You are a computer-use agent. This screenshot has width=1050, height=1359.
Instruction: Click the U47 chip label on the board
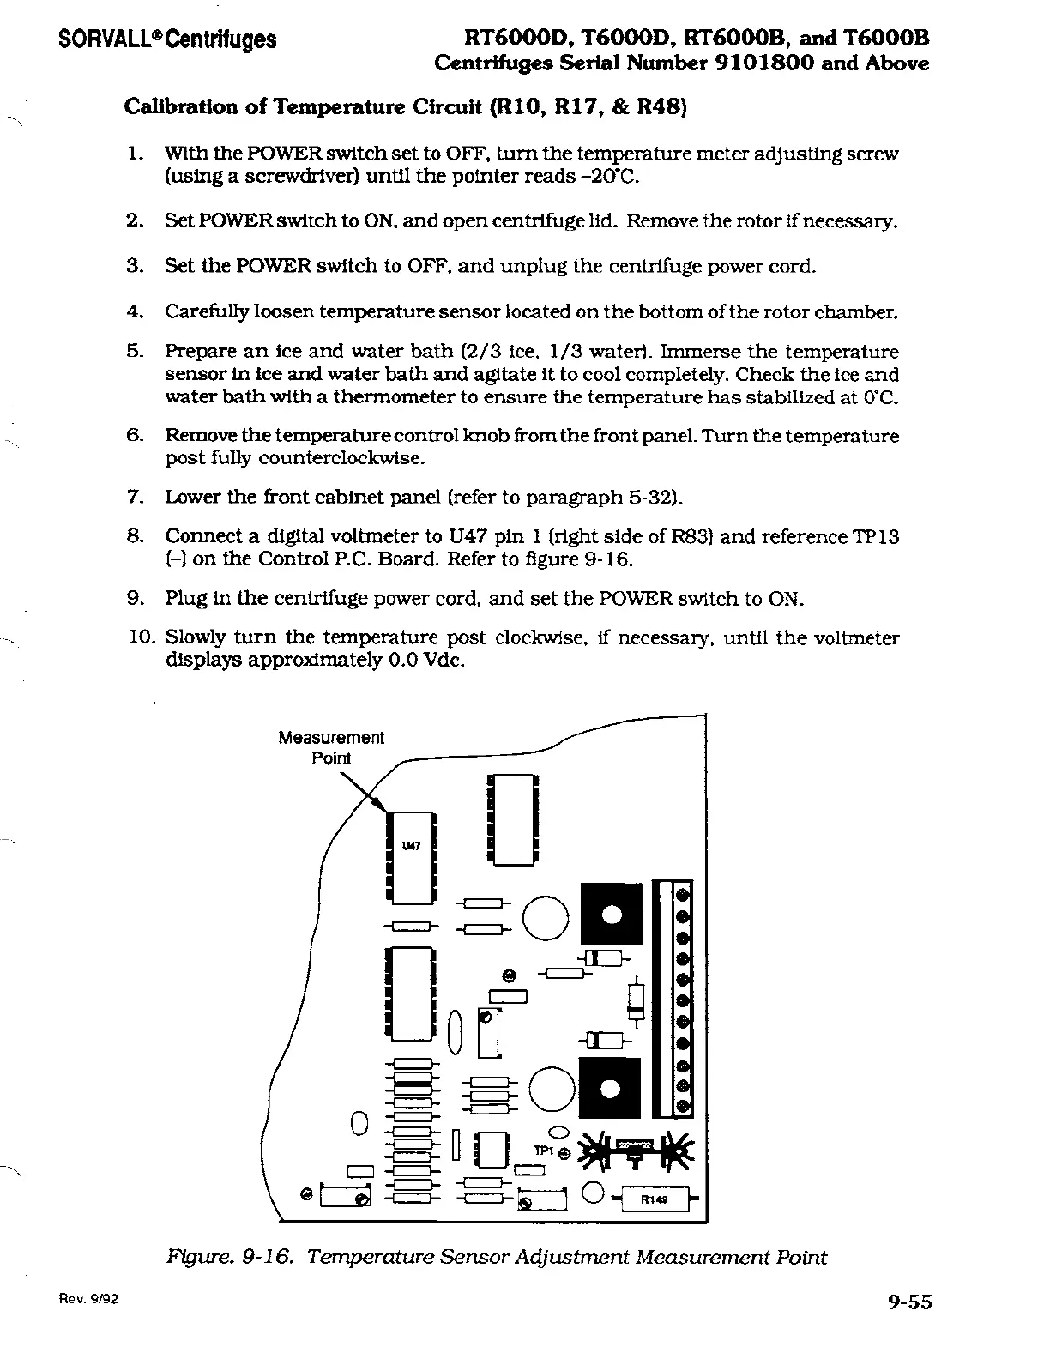pos(412,846)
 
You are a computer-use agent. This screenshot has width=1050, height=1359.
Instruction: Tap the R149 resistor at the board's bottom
pos(655,1199)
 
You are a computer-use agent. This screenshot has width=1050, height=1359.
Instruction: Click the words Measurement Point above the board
pos(331,747)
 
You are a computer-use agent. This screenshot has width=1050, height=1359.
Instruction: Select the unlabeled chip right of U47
pos(512,819)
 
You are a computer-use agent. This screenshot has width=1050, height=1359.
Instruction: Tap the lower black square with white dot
pos(611,1090)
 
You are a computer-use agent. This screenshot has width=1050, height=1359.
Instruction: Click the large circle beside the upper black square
pos(546,919)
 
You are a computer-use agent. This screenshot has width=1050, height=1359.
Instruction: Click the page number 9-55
pos(909,1302)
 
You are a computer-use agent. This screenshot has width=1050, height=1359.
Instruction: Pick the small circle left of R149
pos(593,1193)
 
